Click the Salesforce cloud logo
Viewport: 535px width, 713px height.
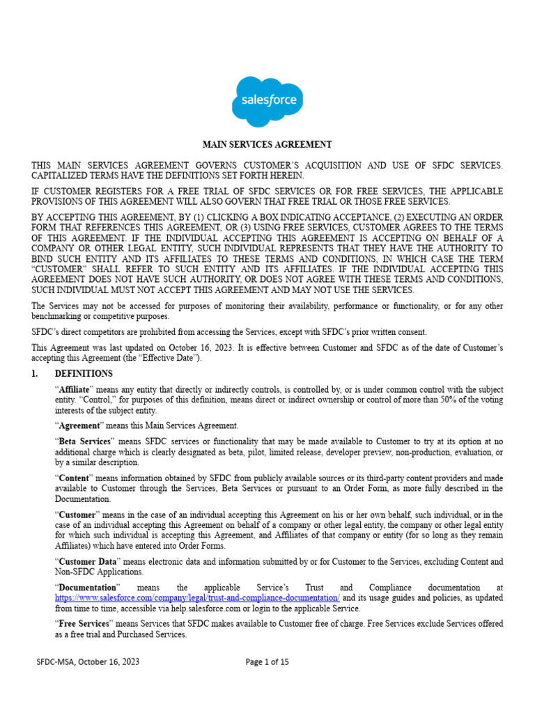[x=268, y=101]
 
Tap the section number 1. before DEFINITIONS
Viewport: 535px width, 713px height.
[x=34, y=373]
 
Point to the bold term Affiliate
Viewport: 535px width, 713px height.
[x=74, y=389]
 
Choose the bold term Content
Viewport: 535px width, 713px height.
[x=74, y=478]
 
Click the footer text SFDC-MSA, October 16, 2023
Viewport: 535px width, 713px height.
[x=87, y=662]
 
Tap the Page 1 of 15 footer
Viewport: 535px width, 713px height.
[x=267, y=662]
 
